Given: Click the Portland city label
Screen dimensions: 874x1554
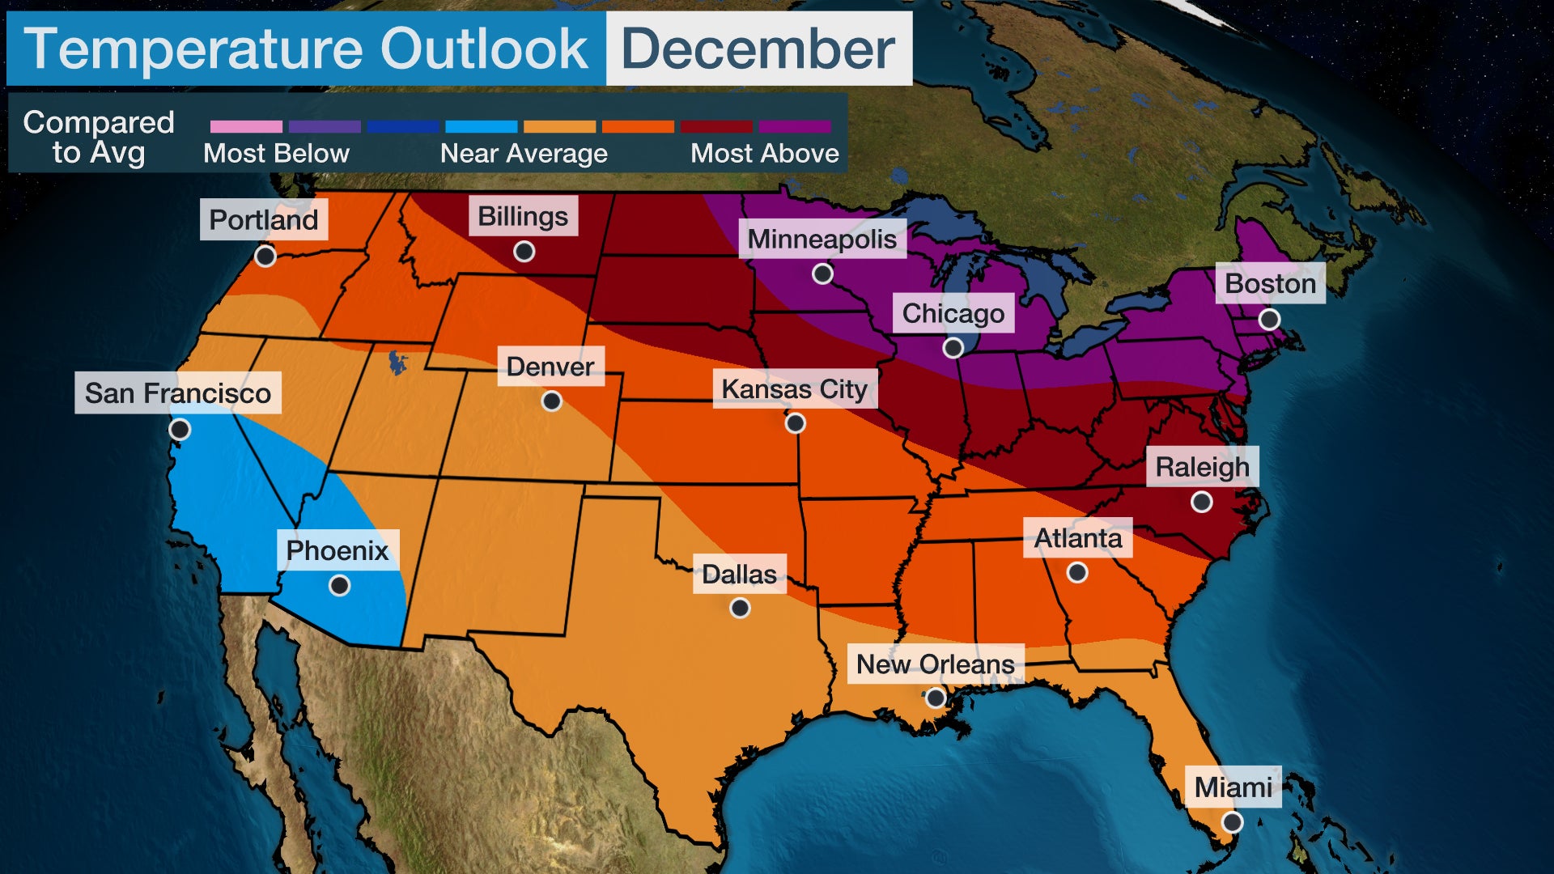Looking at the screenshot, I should pos(264,219).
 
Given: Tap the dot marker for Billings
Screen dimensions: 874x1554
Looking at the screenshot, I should pos(524,252).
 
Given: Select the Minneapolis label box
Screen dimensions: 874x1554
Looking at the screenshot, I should pos(822,239).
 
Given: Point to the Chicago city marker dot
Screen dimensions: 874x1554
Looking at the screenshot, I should pos(953,348).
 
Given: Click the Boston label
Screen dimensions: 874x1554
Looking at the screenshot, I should pos(1270,283).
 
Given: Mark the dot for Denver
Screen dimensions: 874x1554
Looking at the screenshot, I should pos(552,401).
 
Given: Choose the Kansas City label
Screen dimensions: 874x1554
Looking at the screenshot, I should pos(794,389).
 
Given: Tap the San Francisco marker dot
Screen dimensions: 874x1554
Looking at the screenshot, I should pos(180,429).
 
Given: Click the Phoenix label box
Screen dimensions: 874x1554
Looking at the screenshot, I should pos(338,550).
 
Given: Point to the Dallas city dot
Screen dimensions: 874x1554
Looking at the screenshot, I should pos(740,608).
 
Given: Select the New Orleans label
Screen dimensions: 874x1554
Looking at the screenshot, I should pos(935,664).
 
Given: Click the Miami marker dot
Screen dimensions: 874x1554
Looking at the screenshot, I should pos(1232,822).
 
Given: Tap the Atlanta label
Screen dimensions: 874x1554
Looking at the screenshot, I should pos(1077,538).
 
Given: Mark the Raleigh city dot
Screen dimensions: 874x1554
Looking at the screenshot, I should pos(1202,503).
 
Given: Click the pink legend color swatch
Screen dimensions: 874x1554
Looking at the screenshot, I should pos(246,126).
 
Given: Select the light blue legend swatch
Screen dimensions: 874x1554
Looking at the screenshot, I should pos(481,126).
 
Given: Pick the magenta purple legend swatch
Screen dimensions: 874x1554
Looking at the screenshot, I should pos(795,126).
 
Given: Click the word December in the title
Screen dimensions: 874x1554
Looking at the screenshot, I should pos(758,49).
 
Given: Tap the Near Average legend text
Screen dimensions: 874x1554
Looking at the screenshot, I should pos(524,154).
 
